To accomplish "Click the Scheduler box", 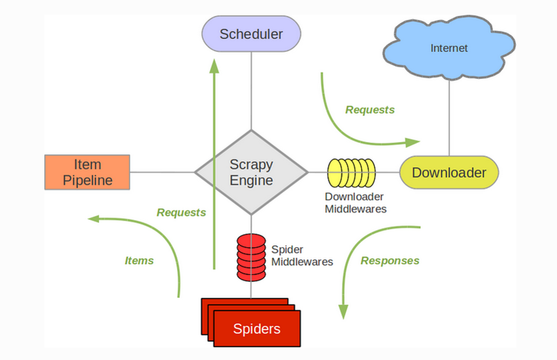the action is click(251, 34).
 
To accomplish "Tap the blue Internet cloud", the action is click(449, 47).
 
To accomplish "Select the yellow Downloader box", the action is click(449, 173).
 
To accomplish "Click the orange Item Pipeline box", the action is click(87, 173).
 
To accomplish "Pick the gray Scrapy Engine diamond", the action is click(251, 173).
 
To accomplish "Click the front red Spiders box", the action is click(257, 329).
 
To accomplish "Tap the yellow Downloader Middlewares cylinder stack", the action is click(351, 173).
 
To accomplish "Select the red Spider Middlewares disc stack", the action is click(251, 257).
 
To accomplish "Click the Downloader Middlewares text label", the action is click(356, 203).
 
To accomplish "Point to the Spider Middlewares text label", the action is click(302, 256).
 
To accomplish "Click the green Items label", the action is click(139, 261).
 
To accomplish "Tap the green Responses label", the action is click(390, 261).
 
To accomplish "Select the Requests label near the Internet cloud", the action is click(370, 110).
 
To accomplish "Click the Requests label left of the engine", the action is click(181, 212).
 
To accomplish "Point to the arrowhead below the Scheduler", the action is click(214, 66).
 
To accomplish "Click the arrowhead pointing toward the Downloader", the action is click(413, 142).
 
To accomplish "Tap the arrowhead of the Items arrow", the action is click(94, 219).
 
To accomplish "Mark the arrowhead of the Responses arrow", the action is click(343, 312).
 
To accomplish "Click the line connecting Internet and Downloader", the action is click(449, 118).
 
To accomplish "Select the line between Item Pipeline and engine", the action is click(162, 173).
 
